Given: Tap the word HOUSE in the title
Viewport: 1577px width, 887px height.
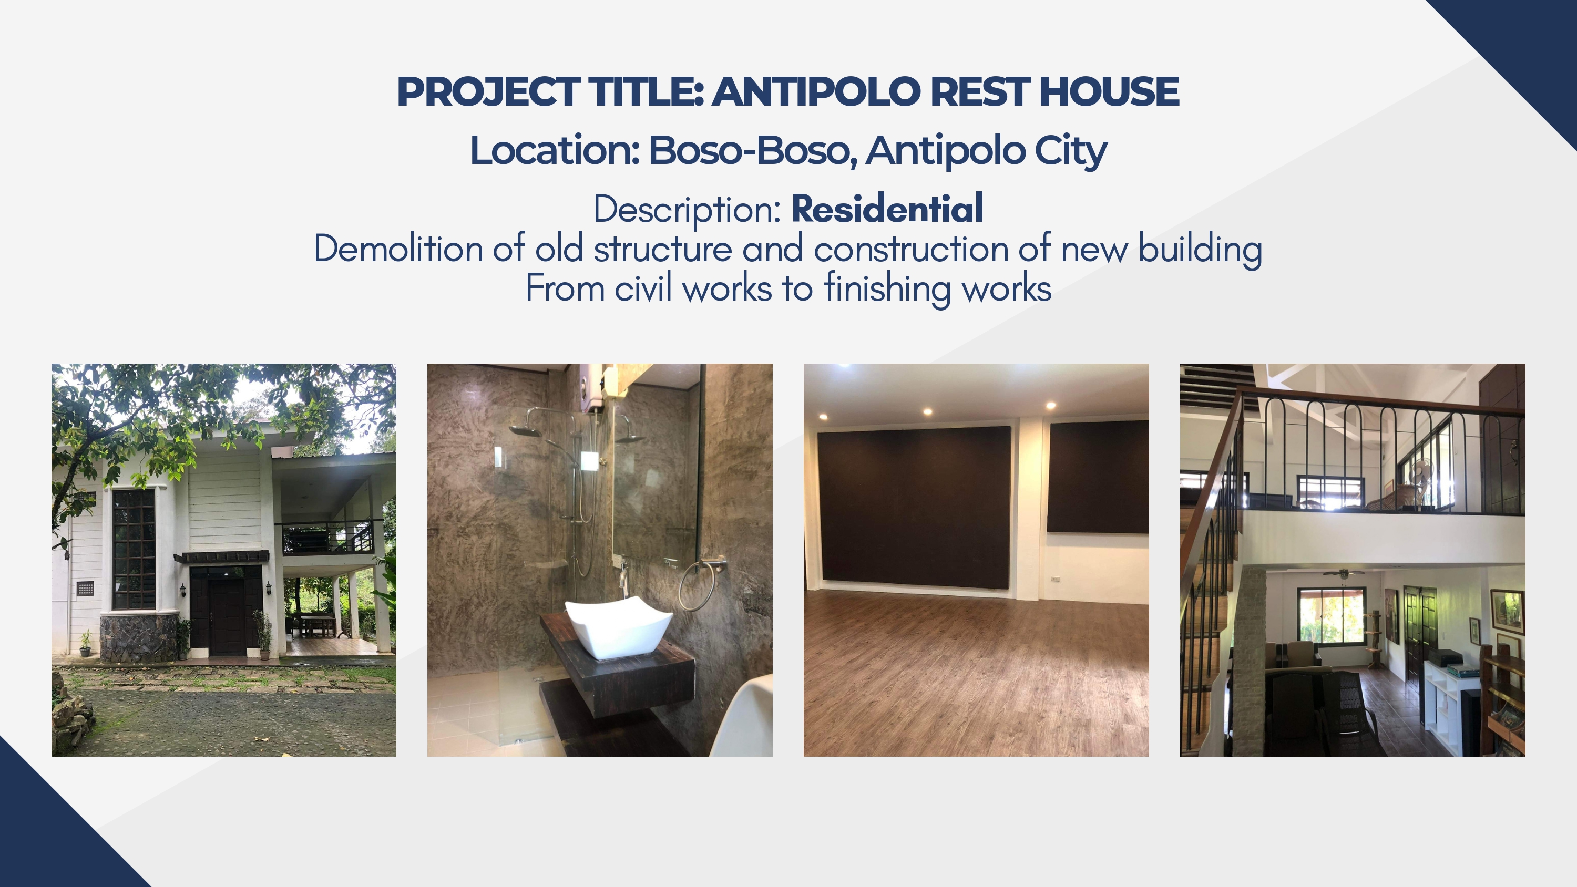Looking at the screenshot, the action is point(1109,92).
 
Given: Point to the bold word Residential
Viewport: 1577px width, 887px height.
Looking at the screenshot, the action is point(887,209).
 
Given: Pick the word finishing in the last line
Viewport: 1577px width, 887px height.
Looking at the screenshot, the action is point(887,289).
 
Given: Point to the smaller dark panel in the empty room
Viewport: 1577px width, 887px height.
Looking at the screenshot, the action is point(1098,476).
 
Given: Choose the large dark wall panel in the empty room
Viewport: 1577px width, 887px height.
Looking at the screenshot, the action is point(915,508).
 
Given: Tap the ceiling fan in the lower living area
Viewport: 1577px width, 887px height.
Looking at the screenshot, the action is point(1343,574).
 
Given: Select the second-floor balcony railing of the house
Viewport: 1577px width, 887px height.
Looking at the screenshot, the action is point(327,538).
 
